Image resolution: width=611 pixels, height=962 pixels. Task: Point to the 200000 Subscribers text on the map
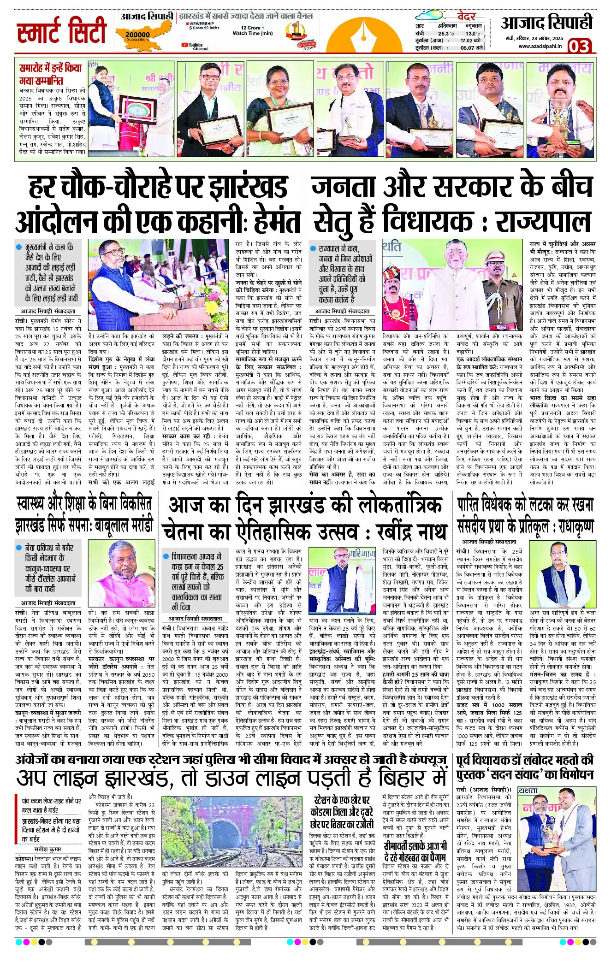(x=137, y=36)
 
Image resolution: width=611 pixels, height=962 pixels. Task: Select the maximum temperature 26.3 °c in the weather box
(x=445, y=34)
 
